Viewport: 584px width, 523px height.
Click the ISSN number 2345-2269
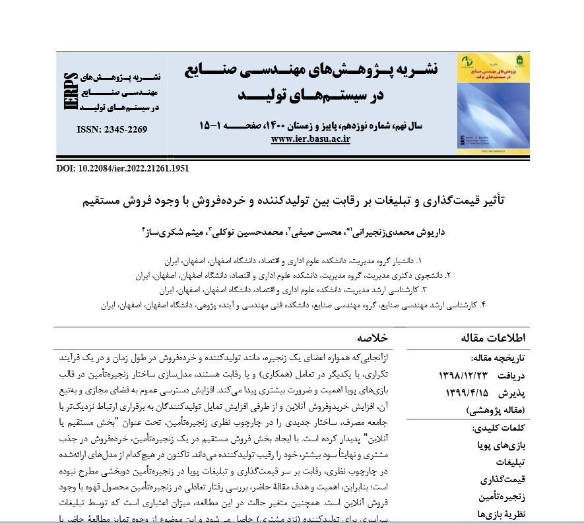pyautogui.click(x=112, y=129)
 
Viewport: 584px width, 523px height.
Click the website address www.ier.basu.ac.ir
pyautogui.click(x=310, y=138)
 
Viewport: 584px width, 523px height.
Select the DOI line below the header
pyautogui.click(x=123, y=168)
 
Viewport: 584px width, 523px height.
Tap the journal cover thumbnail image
pyautogui.click(x=492, y=104)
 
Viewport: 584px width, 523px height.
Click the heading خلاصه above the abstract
pyautogui.click(x=372, y=338)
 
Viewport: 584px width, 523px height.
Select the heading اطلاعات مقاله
pyautogui.click(x=494, y=338)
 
